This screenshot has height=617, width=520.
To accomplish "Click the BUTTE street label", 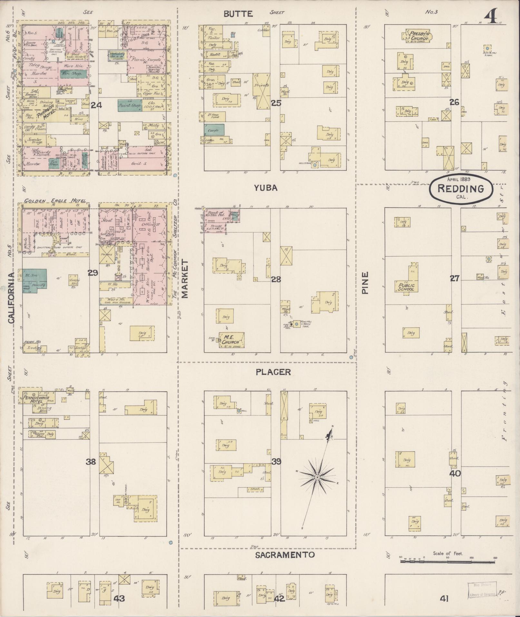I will click(x=238, y=14).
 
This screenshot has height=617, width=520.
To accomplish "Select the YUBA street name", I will click(x=265, y=188).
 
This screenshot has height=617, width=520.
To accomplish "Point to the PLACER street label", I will click(x=273, y=372).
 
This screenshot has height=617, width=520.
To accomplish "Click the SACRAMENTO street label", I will click(x=285, y=554).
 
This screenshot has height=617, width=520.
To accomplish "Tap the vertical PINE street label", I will click(x=365, y=283).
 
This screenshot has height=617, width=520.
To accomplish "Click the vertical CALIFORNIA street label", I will click(x=12, y=298).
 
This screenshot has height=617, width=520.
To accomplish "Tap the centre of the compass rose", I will click(x=317, y=477).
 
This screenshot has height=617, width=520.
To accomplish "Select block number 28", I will click(x=276, y=279).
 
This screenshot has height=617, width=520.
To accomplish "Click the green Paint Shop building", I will click(x=130, y=105).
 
